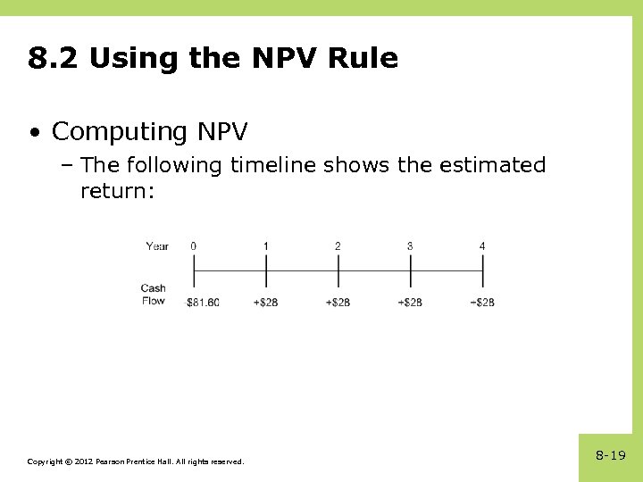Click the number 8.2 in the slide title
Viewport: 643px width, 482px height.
point(54,59)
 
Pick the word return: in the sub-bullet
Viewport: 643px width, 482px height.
point(118,190)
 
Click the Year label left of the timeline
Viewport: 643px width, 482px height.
point(157,246)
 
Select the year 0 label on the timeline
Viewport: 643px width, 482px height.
point(194,245)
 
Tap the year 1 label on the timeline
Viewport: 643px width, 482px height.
point(266,245)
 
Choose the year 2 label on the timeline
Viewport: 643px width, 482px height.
point(338,245)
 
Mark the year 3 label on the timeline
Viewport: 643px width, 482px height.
point(410,245)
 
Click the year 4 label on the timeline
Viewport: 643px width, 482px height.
point(482,245)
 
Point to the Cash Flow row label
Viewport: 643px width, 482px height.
point(154,295)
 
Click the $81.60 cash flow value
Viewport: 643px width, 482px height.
point(203,303)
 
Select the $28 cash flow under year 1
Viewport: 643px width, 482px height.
point(266,303)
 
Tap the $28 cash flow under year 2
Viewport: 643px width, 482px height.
point(338,303)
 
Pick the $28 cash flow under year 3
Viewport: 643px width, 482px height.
point(410,303)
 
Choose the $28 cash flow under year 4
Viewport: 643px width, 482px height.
point(482,303)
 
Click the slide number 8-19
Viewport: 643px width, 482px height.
point(611,455)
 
